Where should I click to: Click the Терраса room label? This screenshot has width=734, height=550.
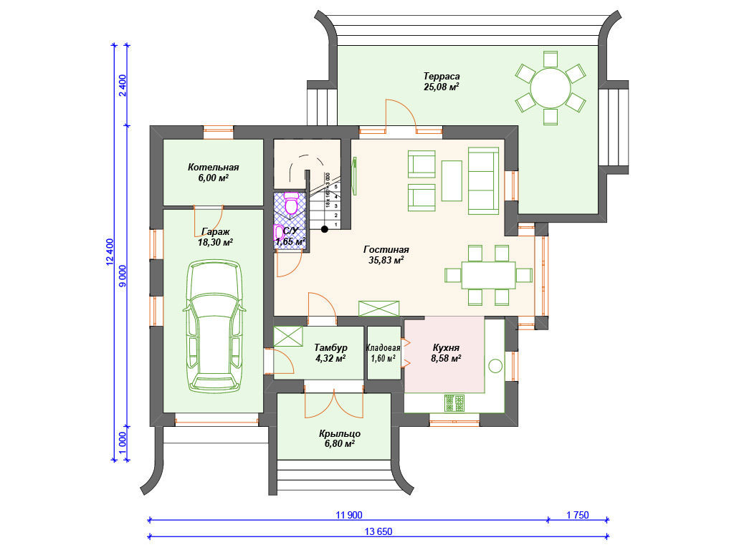[442, 76]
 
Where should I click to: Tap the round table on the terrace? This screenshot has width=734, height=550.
[550, 88]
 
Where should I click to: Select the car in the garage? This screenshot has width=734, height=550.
[215, 326]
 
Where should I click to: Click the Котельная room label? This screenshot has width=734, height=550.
[214, 167]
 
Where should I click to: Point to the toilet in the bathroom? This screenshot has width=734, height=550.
[292, 203]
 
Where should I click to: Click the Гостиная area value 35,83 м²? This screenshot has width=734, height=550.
[386, 260]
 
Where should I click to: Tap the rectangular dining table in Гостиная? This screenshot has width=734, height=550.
[488, 275]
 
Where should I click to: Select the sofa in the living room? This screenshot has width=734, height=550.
[484, 181]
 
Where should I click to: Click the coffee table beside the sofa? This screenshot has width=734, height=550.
[452, 180]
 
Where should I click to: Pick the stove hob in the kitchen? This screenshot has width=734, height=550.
[454, 403]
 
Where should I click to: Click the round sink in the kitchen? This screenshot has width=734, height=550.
[496, 366]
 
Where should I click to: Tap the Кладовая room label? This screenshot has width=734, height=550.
[383, 348]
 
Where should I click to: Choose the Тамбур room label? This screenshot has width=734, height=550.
[330, 347]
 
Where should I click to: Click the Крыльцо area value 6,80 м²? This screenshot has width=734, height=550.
[339, 443]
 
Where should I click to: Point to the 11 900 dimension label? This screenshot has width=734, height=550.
[349, 516]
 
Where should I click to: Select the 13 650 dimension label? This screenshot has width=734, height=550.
[378, 532]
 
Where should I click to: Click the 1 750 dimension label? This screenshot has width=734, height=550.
[578, 516]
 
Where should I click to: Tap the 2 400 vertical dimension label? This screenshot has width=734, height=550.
[122, 86]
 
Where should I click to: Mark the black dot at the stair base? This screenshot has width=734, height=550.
[325, 229]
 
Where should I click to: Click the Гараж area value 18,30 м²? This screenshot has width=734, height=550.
[215, 242]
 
